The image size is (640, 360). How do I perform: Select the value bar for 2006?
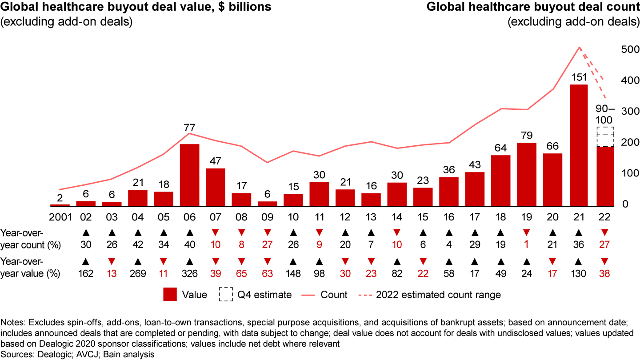point(189,175)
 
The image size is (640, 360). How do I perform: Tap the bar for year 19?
point(527,175)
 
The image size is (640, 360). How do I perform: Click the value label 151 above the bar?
point(579,77)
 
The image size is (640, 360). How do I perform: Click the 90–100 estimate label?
point(604,114)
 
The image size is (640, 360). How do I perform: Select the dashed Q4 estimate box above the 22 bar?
point(604,136)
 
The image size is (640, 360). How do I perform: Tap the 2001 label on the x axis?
point(60,218)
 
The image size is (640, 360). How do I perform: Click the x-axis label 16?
point(449,218)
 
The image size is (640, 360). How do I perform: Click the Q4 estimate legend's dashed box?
point(226,295)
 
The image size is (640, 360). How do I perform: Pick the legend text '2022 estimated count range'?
point(439,295)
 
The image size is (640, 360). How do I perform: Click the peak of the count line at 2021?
point(579,47)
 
